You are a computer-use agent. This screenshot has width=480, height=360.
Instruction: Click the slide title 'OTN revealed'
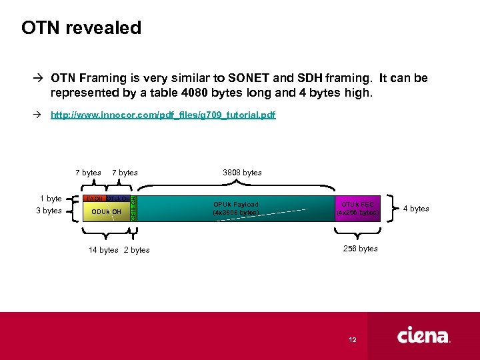81,28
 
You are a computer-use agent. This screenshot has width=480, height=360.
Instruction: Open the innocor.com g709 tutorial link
163,115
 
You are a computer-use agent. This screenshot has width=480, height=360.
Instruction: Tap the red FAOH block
95,199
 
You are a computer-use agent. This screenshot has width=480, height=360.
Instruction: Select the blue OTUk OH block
118,199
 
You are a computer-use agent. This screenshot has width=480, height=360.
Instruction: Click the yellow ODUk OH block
106,212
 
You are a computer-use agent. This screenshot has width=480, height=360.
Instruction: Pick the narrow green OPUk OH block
133,208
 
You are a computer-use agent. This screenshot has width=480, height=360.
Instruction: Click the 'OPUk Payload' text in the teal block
235,205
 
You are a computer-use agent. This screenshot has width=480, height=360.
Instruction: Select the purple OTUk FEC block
358,208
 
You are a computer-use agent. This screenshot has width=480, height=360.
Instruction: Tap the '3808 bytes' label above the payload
242,173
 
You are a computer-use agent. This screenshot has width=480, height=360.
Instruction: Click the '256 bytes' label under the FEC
360,249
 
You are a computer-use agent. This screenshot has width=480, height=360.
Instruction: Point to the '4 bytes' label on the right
416,209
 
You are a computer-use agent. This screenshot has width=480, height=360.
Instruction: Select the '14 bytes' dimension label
104,250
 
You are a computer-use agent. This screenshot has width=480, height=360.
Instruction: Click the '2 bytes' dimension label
137,250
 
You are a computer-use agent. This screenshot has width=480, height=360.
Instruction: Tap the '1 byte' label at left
51,199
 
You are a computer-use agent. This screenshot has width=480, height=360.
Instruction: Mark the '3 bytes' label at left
49,211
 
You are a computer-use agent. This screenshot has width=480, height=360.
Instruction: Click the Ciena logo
424,337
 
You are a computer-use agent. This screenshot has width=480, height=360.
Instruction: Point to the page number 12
352,339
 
